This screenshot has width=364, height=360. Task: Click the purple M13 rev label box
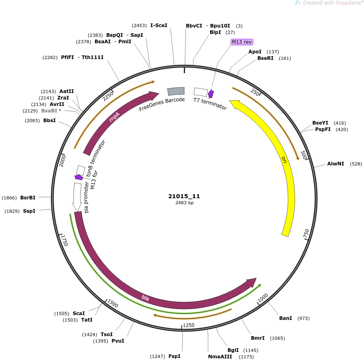(242, 42)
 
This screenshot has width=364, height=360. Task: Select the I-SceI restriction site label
(159, 25)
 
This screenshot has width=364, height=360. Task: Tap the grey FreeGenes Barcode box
(176, 91)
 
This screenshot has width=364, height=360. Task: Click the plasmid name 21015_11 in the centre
(184, 196)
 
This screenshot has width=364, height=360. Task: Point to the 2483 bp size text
(184, 203)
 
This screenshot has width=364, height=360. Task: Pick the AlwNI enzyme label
(335, 163)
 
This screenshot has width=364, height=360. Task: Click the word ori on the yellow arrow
(284, 160)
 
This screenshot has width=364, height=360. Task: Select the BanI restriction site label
(286, 318)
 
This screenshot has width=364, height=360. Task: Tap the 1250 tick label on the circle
(189, 325)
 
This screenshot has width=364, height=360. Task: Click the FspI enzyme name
(175, 356)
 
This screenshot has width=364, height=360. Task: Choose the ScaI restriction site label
(79, 313)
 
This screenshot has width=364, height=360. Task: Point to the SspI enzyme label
(29, 211)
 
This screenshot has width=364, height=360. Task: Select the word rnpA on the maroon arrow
(114, 117)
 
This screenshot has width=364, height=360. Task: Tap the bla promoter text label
(86, 197)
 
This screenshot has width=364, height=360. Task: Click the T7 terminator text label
(210, 104)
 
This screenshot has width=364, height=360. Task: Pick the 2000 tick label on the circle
(62, 161)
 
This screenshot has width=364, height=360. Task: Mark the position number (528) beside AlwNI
(356, 164)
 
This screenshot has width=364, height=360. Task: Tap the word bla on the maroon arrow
(145, 297)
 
